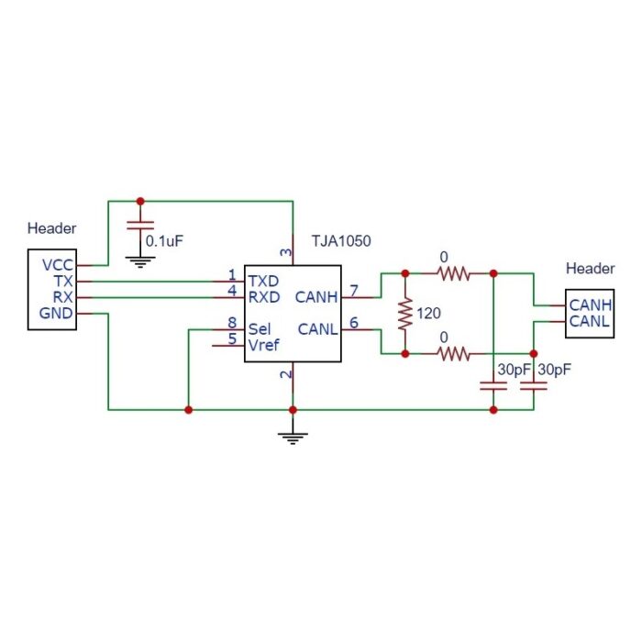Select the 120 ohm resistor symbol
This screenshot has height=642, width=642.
[404, 313]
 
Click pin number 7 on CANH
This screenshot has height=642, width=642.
[354, 291]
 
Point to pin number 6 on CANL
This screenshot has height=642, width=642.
[354, 322]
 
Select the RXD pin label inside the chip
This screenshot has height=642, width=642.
[264, 296]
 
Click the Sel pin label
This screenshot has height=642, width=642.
[260, 327]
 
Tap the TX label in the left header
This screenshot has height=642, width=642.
[62, 282]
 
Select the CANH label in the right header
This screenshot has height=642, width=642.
[591, 304]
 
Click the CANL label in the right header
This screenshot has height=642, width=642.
[591, 320]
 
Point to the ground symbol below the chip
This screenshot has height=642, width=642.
[293, 437]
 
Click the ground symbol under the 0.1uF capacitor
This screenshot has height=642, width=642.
[140, 261]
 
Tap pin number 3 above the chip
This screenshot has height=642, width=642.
[285, 252]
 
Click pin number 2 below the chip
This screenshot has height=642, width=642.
[285, 375]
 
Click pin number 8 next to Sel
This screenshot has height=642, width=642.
[232, 322]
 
